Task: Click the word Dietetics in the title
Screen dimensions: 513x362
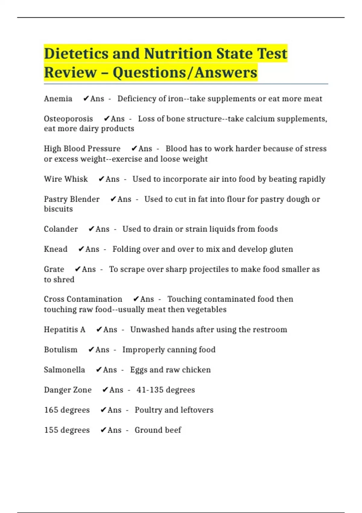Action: coord(76,54)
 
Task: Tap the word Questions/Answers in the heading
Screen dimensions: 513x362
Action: coord(185,73)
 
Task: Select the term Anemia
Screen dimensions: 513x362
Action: coord(58,99)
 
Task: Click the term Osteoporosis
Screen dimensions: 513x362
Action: coord(68,119)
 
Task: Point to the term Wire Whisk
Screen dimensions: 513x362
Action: coord(66,179)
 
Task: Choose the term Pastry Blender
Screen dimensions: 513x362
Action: coord(71,199)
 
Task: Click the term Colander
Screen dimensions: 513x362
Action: coord(61,229)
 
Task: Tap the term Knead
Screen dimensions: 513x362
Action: coord(56,249)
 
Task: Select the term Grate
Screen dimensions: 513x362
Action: coord(54,269)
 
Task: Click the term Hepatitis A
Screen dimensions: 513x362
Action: coord(65,330)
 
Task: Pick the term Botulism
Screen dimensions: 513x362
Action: coord(61,350)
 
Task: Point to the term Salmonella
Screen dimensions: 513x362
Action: coord(64,370)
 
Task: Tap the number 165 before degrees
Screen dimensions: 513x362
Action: coord(51,410)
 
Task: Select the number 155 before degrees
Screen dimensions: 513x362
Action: coord(51,430)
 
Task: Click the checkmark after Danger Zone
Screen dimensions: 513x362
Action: coord(105,390)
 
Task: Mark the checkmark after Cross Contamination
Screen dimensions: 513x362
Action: coord(136,299)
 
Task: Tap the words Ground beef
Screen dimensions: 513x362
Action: coord(158,430)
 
